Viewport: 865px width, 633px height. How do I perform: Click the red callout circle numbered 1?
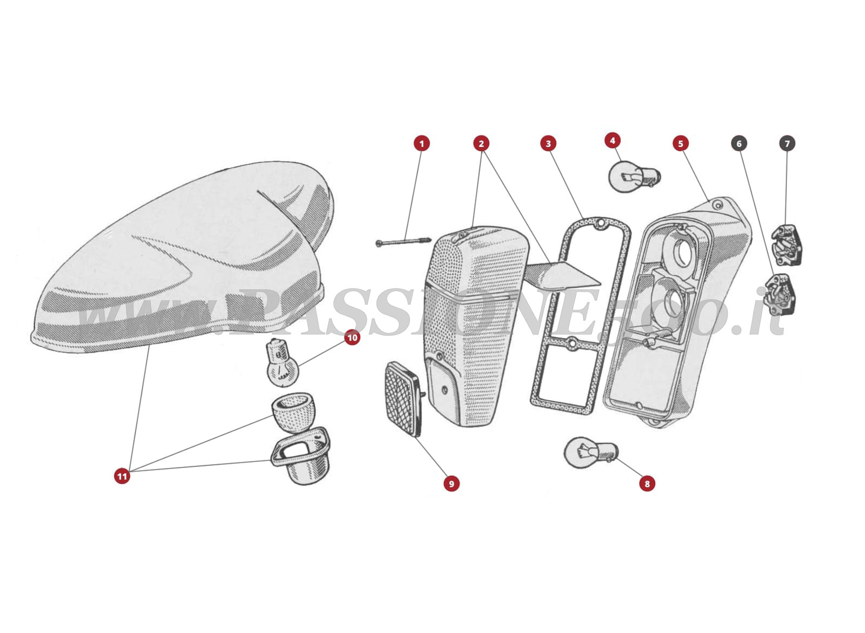coord(422,143)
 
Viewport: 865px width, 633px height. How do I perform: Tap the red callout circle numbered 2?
coord(481,143)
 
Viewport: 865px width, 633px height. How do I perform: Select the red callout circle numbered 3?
coord(548,143)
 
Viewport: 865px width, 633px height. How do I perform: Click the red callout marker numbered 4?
coord(612,140)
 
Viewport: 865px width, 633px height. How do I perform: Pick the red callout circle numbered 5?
coord(681,143)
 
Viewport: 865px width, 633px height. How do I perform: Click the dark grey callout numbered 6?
coord(739,143)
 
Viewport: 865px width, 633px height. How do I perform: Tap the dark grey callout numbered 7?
coord(787,143)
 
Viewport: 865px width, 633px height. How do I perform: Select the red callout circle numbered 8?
coord(647,483)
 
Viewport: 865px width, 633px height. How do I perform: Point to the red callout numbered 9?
coord(451,483)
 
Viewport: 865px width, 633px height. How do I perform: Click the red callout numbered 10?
coord(352,338)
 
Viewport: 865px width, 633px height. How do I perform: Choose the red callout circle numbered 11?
coord(122,476)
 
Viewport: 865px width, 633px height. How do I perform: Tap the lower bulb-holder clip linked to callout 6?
coord(780,293)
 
